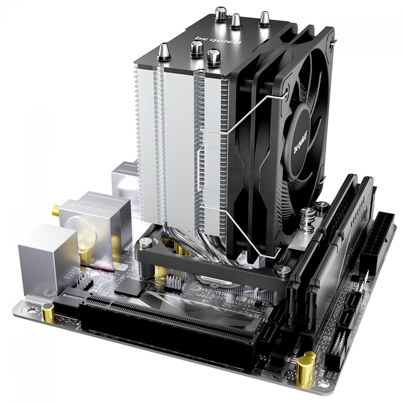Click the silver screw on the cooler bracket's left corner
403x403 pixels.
coord(145,241)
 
